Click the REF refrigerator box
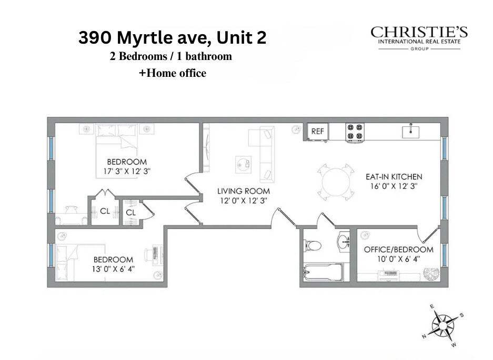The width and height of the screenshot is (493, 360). [317, 132]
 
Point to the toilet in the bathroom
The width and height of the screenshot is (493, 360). [313, 245]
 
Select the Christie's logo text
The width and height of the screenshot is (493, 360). [419, 33]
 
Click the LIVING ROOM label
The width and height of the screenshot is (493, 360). [244, 191]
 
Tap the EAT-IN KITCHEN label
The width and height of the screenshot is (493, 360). [394, 177]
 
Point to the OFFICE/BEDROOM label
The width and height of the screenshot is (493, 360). [399, 249]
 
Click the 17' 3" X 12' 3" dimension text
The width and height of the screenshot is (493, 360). [127, 171]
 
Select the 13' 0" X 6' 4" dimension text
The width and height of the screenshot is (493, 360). [113, 269]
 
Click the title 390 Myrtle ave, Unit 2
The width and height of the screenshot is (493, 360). [173, 38]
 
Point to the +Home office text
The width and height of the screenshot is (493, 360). [172, 74]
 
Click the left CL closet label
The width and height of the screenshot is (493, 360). [105, 212]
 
